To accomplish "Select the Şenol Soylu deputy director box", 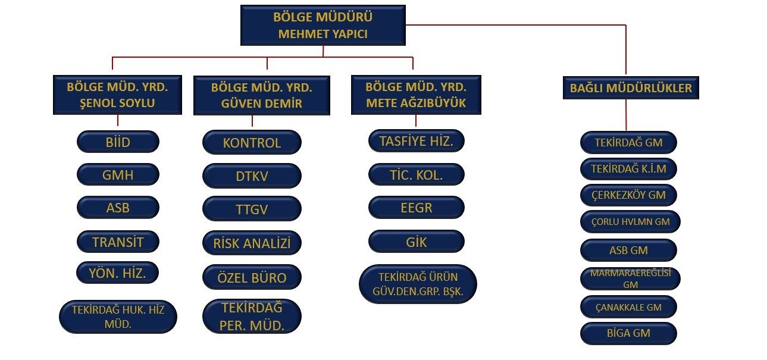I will coord(118,95).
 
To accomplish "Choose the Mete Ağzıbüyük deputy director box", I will coord(415,95).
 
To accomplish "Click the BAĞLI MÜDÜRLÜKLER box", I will coord(630,88).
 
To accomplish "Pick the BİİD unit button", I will coord(118,142).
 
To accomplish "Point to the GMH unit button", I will coord(118,176).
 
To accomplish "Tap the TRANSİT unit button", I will coord(118,242).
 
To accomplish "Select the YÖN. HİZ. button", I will coord(118,273).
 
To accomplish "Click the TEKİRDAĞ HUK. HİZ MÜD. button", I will coord(118,317).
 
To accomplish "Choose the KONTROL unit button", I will coord(252,143).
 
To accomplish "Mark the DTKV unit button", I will coord(252,176).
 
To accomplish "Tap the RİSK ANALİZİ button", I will coord(252,243).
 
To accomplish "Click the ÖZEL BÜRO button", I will coord(252,277).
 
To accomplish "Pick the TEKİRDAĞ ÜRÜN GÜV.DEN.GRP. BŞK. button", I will coord(418,284).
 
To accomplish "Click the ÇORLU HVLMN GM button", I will coord(629,222).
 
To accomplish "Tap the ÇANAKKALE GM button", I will coord(629,307).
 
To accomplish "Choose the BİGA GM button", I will coord(629,333).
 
